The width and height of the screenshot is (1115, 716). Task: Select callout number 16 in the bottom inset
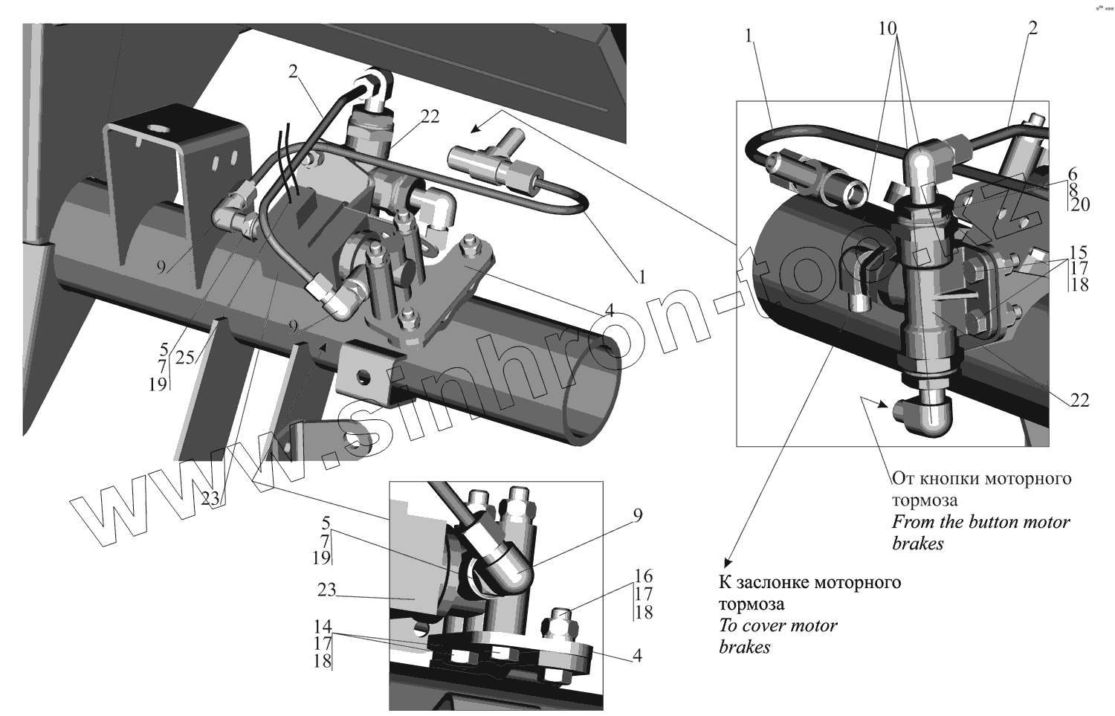tap(644, 575)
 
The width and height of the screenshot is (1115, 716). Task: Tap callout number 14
tap(322, 626)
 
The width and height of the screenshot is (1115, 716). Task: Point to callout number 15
tap(1079, 251)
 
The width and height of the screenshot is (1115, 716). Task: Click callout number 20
tap(1079, 204)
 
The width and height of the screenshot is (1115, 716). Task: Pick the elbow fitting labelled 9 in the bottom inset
tap(499, 573)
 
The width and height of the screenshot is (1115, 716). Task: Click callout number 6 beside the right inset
tap(1073, 172)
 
